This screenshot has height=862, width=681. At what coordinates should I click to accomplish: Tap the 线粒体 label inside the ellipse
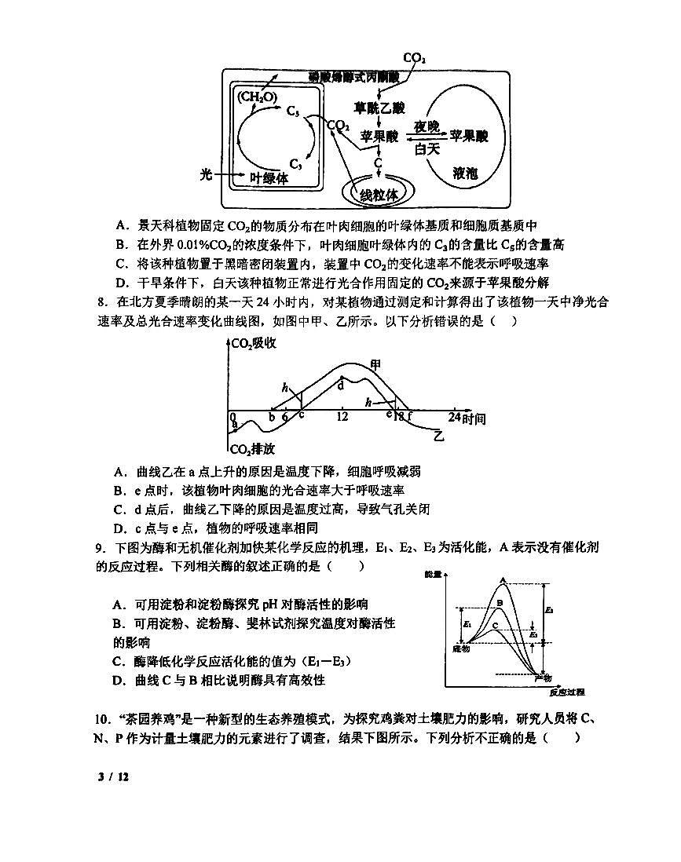point(379,192)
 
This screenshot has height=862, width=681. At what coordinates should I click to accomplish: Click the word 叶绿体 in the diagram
point(269,178)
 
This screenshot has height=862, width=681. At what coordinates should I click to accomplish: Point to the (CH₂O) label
point(257,97)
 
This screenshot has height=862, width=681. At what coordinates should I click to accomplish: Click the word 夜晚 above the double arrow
point(427,126)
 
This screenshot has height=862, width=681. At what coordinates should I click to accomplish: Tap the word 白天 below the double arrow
point(427,149)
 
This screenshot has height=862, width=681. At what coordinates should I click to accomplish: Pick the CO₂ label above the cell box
point(414,58)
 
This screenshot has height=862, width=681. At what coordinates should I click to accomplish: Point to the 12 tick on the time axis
point(342,417)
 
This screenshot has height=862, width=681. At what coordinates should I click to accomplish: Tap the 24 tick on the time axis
point(455,417)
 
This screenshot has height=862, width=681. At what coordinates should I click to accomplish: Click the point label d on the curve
point(341,385)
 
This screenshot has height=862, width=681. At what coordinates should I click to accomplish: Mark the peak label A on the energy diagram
point(503,580)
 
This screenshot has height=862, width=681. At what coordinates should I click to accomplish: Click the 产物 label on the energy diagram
point(543,677)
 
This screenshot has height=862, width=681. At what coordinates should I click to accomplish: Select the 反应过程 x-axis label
point(566,692)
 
